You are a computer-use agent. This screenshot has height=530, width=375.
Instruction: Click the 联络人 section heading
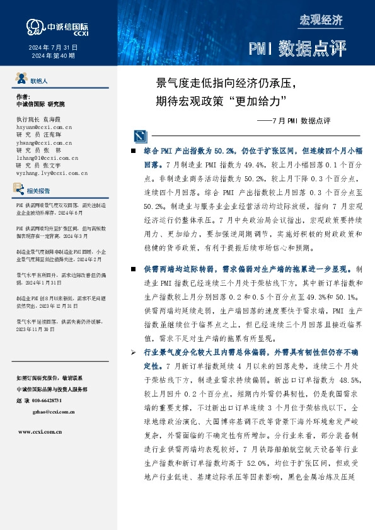point(38,81)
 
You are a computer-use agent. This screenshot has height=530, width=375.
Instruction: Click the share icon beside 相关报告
point(19,189)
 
